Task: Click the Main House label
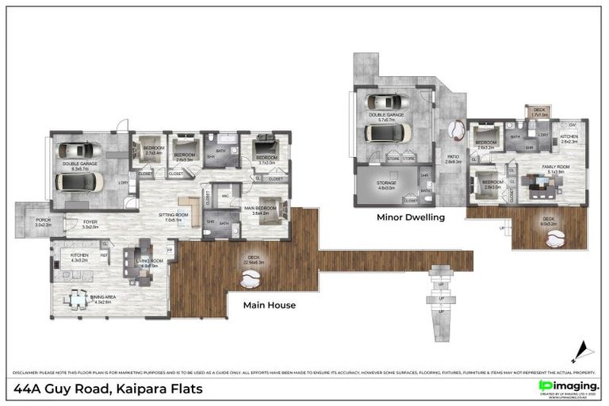[x=269, y=304]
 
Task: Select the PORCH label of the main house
[x=42, y=224]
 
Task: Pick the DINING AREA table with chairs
[x=78, y=298]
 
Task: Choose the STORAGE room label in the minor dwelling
[x=386, y=186]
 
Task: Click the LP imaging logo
[x=569, y=385]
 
